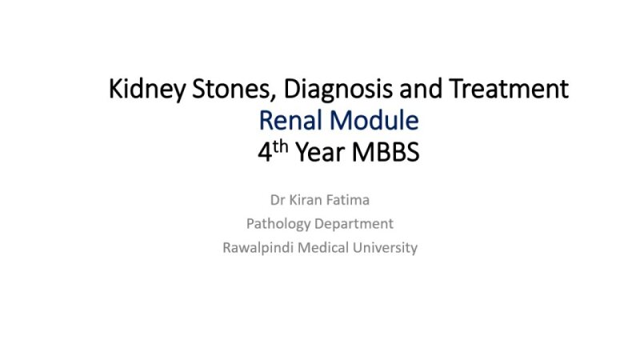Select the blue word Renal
point(291,121)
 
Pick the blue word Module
point(374,121)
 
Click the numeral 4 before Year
point(266,152)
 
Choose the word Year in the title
point(320,152)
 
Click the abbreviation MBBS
point(385,152)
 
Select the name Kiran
point(307,198)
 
